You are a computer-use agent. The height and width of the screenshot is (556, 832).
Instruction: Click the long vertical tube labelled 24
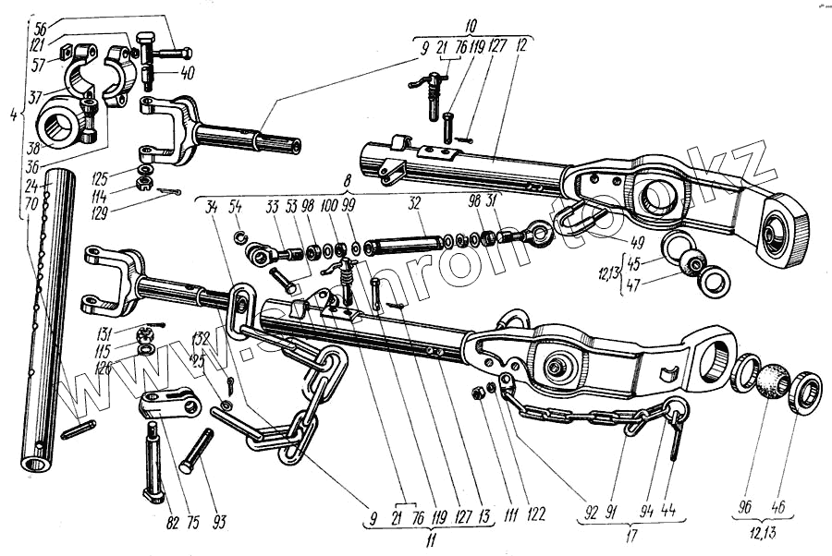pyautogui.click(x=49, y=314)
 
